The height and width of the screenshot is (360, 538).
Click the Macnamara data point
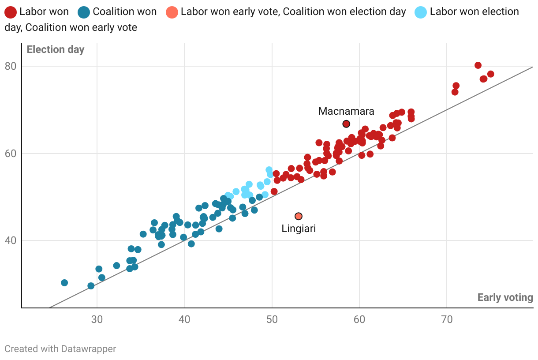(346, 124)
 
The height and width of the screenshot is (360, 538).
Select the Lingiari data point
(299, 216)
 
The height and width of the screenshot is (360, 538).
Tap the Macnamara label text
(346, 111)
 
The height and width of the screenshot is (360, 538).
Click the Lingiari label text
(299, 229)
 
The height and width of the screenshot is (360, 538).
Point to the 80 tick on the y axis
(11, 66)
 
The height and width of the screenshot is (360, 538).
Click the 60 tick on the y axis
(11, 154)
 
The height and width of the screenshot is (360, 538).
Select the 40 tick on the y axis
(11, 241)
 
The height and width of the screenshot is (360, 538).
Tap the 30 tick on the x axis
(97, 319)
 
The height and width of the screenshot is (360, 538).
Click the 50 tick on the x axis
(272, 319)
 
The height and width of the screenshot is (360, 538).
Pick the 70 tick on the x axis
(447, 319)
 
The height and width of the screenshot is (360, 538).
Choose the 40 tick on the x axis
(184, 319)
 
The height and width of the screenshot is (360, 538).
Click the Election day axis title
(56, 49)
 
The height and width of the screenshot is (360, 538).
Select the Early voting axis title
(505, 297)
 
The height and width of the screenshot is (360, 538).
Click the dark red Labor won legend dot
(11, 12)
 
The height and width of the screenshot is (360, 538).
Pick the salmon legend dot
(173, 12)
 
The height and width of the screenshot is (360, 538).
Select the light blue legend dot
(421, 12)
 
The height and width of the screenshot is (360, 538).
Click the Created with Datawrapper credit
(60, 349)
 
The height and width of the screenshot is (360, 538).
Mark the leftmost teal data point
(64, 283)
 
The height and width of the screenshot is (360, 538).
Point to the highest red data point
(478, 65)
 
